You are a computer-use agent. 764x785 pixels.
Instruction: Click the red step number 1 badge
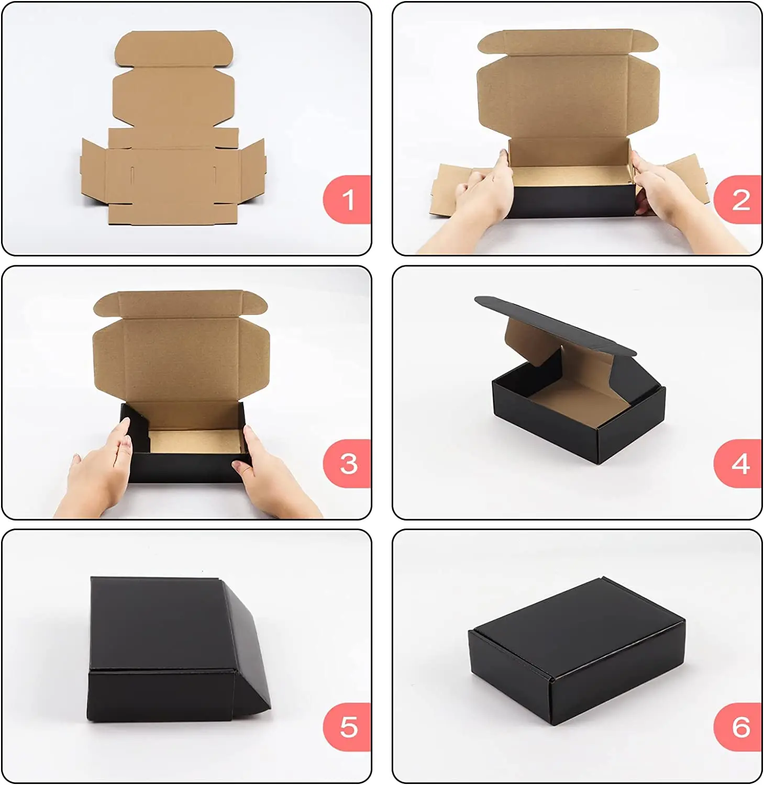pos(347,199)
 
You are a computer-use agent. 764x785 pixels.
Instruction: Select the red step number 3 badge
pos(347,463)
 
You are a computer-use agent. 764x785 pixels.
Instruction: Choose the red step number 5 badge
pos(347,727)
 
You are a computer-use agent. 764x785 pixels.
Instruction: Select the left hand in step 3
pos(99,471)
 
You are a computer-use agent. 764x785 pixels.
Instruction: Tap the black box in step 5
pos(178,649)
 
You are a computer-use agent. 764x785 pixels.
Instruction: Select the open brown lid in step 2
pos(568,84)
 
